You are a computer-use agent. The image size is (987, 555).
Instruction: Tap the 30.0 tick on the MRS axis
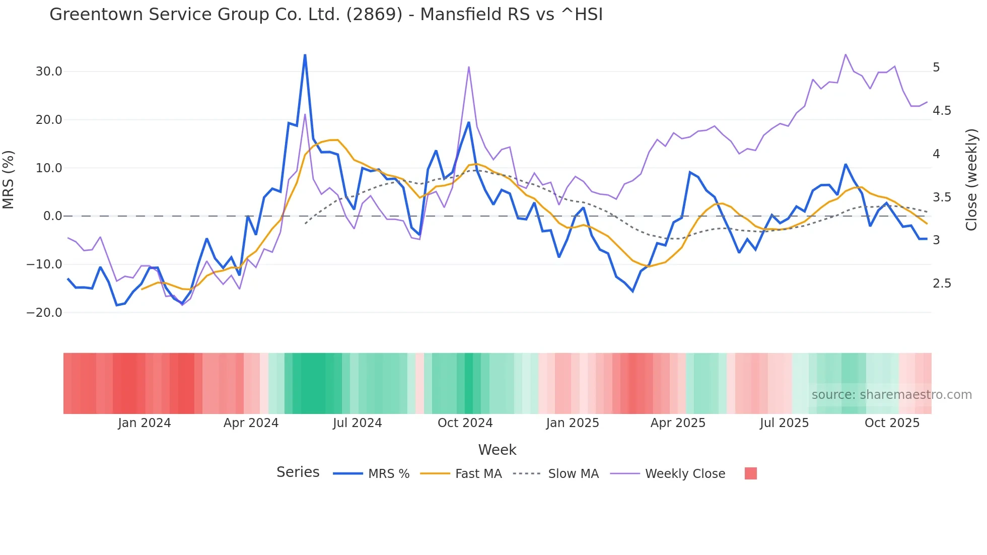pos(49,72)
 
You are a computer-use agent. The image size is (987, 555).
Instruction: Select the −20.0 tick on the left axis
pos(44,313)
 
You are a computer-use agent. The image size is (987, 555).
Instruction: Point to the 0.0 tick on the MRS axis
pos(52,216)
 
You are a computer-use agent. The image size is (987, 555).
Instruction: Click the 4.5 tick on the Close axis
pos(942,111)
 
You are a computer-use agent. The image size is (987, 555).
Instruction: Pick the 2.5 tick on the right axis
pos(942,284)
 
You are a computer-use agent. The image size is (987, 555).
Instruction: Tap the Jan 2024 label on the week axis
pos(145,423)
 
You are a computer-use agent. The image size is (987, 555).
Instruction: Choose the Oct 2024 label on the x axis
pos(465,423)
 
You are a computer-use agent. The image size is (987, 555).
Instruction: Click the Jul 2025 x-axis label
pos(784,423)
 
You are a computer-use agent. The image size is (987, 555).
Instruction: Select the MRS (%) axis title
pos(9,180)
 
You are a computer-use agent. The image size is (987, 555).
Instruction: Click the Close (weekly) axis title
pos(971,180)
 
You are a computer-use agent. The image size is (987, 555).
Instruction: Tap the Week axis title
pos(497,450)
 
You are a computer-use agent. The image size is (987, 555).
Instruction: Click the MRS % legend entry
pos(388,474)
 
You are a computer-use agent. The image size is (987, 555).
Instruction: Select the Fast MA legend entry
pos(478,474)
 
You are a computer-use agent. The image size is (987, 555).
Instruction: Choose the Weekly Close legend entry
pos(685,474)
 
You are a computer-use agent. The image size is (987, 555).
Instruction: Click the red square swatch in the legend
pos(750,473)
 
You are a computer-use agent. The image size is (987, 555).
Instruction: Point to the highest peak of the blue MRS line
pos(305,55)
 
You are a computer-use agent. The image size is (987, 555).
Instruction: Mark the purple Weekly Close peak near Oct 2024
pos(469,67)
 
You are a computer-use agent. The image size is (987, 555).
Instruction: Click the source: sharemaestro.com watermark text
pos(891,395)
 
